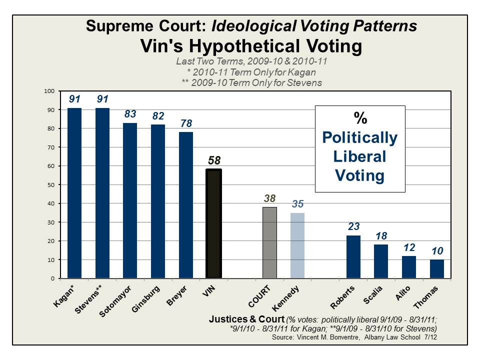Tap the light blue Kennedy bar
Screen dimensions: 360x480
tap(297, 245)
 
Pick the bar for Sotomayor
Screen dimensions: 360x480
tap(130, 200)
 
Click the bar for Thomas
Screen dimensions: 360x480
tap(437, 269)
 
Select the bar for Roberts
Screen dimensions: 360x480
tap(353, 256)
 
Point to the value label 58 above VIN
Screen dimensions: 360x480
tap(213, 161)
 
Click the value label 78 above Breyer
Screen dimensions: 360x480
tap(186, 123)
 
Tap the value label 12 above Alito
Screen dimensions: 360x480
tap(409, 247)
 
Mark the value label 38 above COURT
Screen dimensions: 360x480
tap(269, 198)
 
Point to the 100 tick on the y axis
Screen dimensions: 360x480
tap(49, 91)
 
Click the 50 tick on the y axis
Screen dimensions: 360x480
tap(50, 184)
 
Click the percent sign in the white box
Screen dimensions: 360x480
tap(359, 118)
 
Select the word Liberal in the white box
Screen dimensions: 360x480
tap(359, 156)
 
